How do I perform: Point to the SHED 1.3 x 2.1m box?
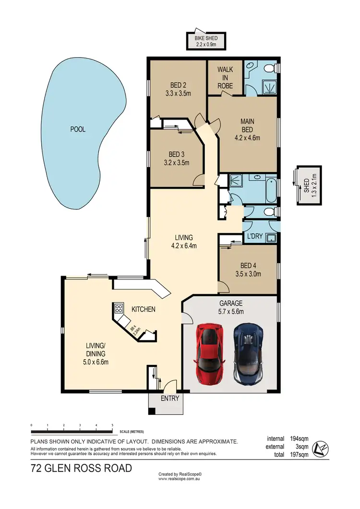point(309,185)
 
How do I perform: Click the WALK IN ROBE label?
point(225,78)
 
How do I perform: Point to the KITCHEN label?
point(143,309)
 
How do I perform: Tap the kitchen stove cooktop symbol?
point(119,308)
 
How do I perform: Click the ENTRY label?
point(169,398)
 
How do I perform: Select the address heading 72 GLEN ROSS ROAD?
point(81,468)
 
